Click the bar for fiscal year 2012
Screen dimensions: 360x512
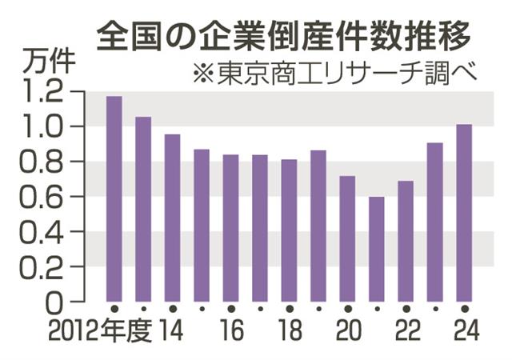point(114,200)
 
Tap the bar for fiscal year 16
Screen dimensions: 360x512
point(231,229)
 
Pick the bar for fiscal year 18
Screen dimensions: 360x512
point(289,231)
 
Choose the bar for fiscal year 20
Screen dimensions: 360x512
point(347,239)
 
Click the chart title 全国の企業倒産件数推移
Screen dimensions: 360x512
point(282,34)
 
